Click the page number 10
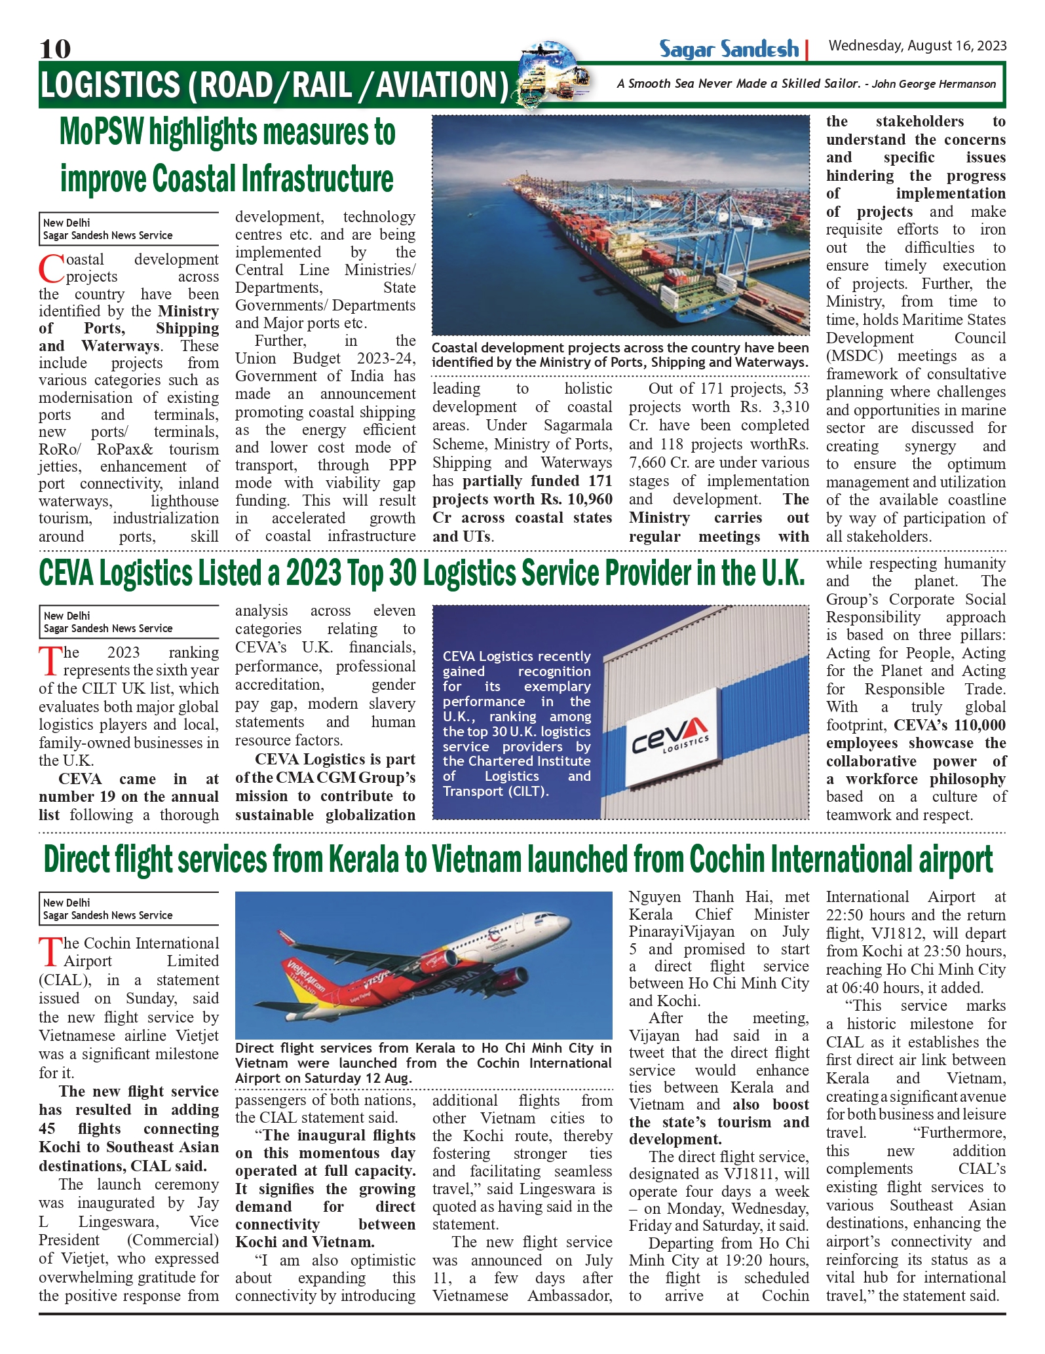55,48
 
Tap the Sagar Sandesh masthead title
729,49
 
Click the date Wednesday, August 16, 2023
917,46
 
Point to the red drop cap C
50,269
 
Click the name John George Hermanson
934,84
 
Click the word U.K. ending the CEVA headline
782,574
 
